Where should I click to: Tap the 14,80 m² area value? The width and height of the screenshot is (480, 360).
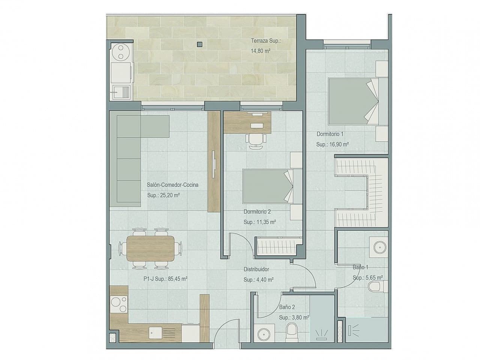point(261,51)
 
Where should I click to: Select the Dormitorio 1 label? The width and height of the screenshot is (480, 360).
point(330,134)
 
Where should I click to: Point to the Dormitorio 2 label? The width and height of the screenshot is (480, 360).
point(257,212)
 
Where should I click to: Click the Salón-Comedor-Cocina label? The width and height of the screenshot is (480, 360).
point(172,185)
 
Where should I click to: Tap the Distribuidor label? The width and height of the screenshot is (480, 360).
point(256,269)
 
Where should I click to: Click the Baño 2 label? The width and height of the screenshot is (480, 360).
point(287,307)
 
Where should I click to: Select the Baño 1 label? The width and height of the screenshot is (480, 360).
point(360,267)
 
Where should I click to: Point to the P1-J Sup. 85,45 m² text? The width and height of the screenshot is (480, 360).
point(165,279)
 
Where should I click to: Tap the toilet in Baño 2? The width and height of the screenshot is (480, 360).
point(291,331)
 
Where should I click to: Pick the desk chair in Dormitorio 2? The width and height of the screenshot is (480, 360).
point(256,141)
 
